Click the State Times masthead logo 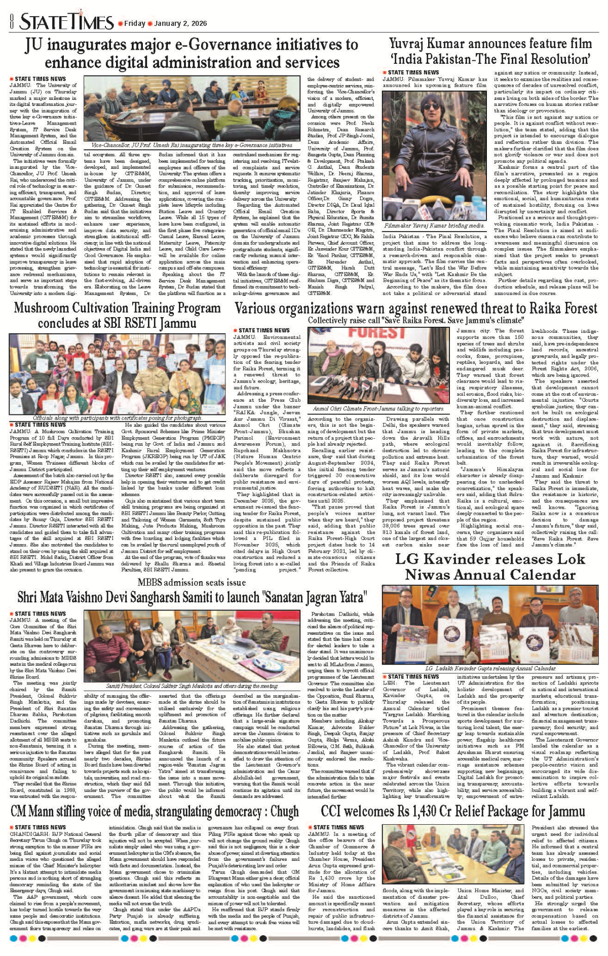pyautogui.click(x=66, y=22)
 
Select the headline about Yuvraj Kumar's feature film pyautogui.click(x=490, y=51)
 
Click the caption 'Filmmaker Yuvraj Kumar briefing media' pyautogui.click(x=434, y=225)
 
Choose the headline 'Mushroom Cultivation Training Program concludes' pyautogui.click(x=117, y=315)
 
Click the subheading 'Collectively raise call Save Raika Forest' pyautogui.click(x=415, y=321)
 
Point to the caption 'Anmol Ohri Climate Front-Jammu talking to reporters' pyautogui.click(x=378, y=408)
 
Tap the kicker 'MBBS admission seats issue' pyautogui.click(x=192, y=583)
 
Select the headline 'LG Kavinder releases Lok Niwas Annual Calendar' pyautogui.click(x=490, y=567)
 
